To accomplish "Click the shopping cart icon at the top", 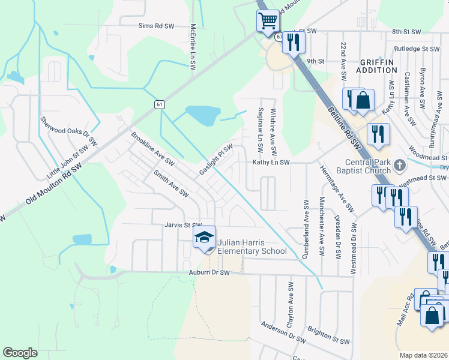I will (268, 21).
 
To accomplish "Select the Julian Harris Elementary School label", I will (252, 247).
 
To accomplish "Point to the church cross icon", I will (397, 163).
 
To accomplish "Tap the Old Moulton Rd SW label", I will (54, 186).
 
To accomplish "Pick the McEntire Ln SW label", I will (193, 47).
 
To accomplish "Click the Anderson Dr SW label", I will (283, 334).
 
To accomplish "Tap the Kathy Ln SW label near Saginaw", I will (271, 162).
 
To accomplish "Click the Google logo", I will (20, 353).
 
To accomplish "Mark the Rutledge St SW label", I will (417, 49).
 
